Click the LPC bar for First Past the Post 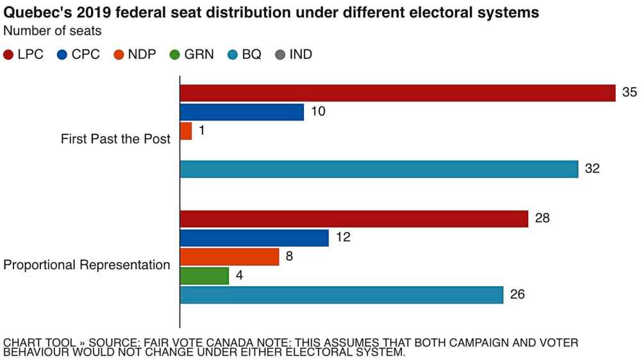[397, 93]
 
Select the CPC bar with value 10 [242, 112]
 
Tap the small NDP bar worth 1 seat [186, 131]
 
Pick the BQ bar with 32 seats [379, 169]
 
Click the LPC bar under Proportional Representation [354, 219]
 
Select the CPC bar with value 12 [254, 238]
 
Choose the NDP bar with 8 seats [229, 257]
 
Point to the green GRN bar [204, 276]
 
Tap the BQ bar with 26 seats [342, 295]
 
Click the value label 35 [629, 92]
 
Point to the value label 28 [542, 218]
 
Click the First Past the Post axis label [115, 139]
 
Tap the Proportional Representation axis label [87, 265]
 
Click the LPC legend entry [24, 54]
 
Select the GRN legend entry [192, 54]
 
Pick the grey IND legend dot [279, 55]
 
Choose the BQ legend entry [244, 54]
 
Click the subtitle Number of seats [52, 30]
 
